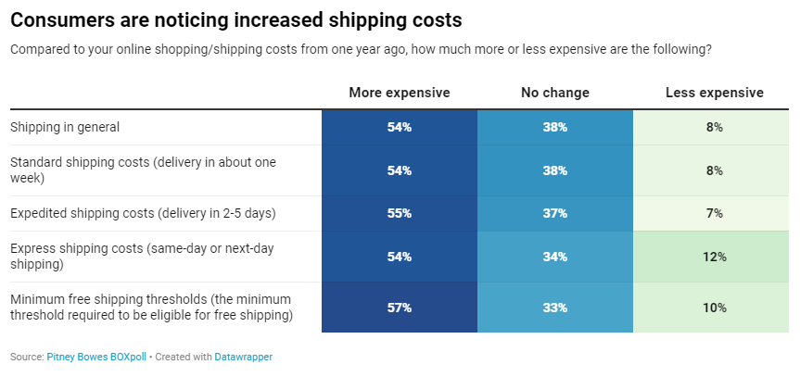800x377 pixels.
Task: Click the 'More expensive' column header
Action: click(399, 93)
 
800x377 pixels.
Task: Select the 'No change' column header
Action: click(554, 93)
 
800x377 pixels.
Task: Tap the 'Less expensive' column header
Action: click(714, 93)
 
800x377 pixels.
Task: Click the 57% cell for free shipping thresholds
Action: click(399, 308)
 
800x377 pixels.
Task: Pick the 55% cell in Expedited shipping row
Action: click(399, 213)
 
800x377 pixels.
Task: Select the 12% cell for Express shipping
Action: click(714, 257)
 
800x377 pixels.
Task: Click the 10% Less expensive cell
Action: click(714, 308)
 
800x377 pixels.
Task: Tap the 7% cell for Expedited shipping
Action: click(714, 213)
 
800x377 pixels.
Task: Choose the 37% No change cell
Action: click(554, 213)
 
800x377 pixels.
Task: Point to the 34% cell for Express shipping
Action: click(554, 257)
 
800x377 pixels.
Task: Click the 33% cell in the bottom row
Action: click(554, 308)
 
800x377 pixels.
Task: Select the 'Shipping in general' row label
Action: click(65, 127)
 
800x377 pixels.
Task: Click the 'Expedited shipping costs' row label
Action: click(143, 213)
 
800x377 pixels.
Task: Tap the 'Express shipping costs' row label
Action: click(139, 257)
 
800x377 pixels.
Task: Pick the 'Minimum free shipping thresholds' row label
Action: click(150, 308)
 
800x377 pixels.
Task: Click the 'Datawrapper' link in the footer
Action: click(243, 357)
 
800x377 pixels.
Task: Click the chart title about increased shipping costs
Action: click(235, 19)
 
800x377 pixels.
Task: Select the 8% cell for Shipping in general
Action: click(714, 127)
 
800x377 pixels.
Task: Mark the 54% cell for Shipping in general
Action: click(399, 127)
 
